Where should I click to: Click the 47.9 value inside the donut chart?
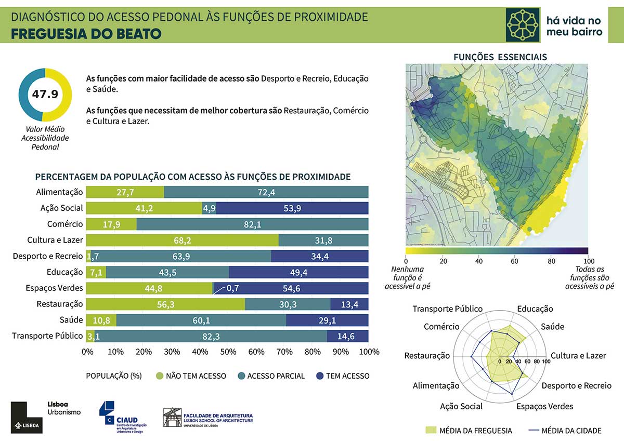(45, 95)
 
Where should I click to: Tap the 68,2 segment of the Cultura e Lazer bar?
(182, 240)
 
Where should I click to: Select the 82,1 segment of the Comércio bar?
(252, 224)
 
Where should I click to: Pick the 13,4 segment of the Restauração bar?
(349, 304)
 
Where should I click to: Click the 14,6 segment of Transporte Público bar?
(347, 337)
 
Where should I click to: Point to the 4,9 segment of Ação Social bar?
(209, 208)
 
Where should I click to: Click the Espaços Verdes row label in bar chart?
(54, 288)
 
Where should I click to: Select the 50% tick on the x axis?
(228, 352)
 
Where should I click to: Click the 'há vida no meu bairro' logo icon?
(523, 25)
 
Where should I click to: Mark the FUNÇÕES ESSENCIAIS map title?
(500, 57)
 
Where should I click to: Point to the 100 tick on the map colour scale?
(588, 260)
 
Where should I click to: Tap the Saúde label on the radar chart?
(552, 327)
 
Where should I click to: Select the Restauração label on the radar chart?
(426, 356)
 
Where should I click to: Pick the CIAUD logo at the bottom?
(123, 417)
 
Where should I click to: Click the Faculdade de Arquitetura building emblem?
(172, 418)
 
